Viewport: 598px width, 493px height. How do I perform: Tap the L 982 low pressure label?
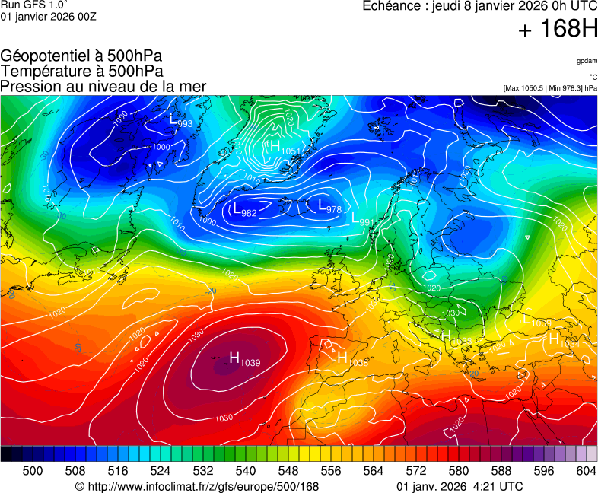tap(244, 211)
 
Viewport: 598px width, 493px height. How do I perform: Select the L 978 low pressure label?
tap(329, 207)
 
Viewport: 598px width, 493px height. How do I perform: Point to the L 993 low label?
tap(180, 121)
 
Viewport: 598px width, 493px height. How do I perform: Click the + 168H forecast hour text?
tap(558, 30)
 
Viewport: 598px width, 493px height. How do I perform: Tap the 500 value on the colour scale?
tap(33, 471)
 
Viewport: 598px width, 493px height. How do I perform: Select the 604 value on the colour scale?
tap(585, 471)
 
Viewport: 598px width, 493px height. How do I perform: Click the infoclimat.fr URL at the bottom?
tap(197, 486)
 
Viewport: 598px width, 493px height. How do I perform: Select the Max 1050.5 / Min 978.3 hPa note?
tap(549, 88)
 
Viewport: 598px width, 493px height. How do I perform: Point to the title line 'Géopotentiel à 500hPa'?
tap(81, 56)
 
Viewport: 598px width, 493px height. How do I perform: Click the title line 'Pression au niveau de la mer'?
tap(103, 86)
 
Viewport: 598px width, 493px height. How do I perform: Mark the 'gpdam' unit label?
tap(586, 61)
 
